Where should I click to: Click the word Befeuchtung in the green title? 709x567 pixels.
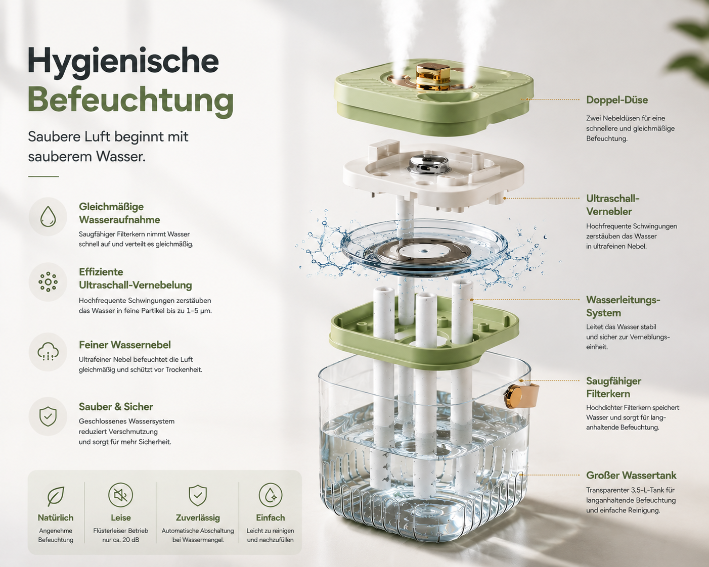(131, 100)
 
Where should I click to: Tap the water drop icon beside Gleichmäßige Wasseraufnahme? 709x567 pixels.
(48, 217)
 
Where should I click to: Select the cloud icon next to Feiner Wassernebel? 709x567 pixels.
(48, 352)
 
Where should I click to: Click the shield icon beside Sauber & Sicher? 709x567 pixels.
(48, 416)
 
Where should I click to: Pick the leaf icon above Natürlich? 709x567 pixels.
(55, 496)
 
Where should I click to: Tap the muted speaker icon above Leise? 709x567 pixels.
(120, 495)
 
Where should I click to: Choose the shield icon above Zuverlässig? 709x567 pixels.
(198, 495)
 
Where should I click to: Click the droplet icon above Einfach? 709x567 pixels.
(271, 495)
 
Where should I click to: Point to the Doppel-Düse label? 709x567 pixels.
(617, 100)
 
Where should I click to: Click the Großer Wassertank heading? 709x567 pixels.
(631, 476)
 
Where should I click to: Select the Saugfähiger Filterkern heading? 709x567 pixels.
(613, 387)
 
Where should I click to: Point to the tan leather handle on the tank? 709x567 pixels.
(521, 395)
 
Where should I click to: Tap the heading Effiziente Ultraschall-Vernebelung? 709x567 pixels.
(135, 278)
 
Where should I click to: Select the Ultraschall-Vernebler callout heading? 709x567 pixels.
(612, 205)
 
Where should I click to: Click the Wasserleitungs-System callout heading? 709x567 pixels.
(623, 306)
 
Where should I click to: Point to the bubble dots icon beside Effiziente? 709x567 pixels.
(48, 282)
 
